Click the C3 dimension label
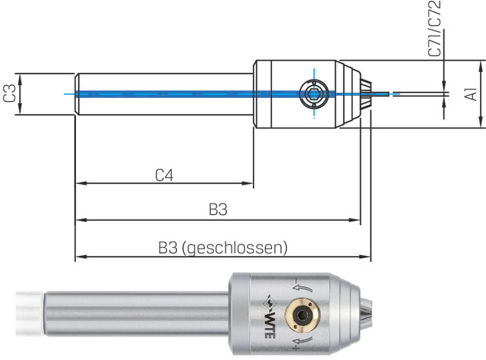tap(10, 93)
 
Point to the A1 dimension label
tap(471, 93)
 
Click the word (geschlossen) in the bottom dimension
tap(237, 248)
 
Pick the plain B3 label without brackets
tap(217, 210)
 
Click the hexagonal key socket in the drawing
tap(313, 94)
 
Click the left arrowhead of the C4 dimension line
tap(79, 183)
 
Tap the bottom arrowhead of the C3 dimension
tap(22, 109)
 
